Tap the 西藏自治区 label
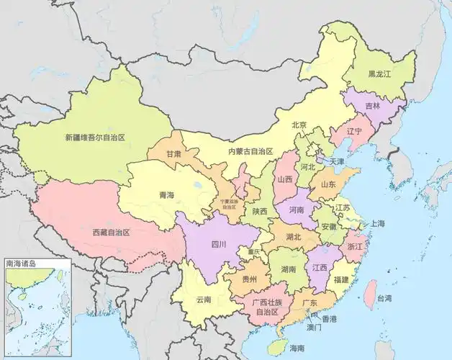[x=111, y=233]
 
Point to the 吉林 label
[x=372, y=105]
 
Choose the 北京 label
[x=299, y=125]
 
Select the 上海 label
[x=377, y=224]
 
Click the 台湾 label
[x=385, y=298]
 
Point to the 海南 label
[x=297, y=348]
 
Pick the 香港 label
[x=329, y=318]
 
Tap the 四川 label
[x=218, y=244]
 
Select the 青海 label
[x=166, y=194]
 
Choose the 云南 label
[x=203, y=300]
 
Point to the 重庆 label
[x=253, y=252]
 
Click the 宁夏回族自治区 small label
[x=229, y=203]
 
